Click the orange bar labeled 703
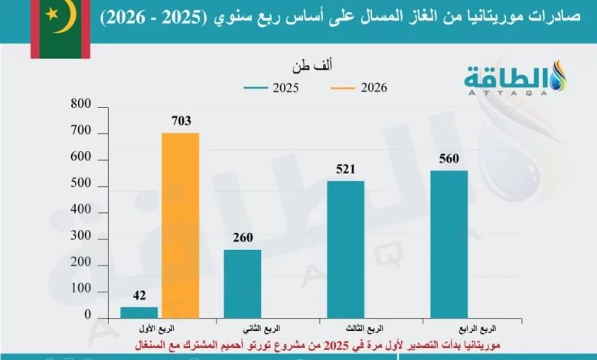tap(180, 225)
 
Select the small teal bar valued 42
tap(139, 312)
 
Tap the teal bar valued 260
tap(243, 283)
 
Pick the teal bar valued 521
tap(346, 249)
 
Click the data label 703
tap(181, 120)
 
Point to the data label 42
tap(139, 295)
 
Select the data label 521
tap(346, 169)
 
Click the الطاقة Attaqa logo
tap(514, 79)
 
